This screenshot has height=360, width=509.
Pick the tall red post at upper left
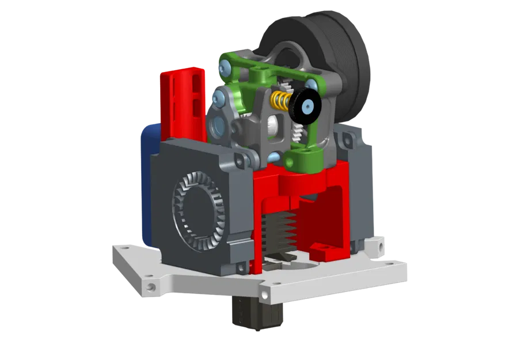[181, 98]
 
